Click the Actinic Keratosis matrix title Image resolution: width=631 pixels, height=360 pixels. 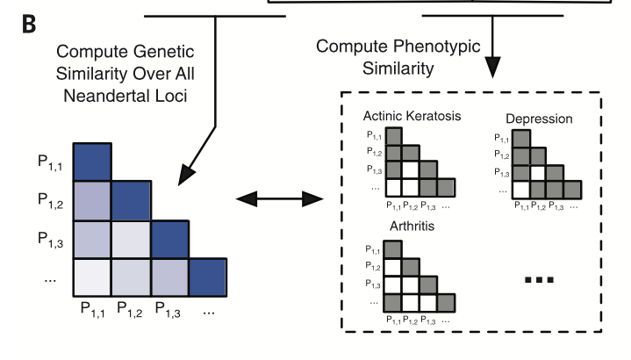pos(412,117)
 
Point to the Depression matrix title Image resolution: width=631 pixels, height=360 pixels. pos(539,119)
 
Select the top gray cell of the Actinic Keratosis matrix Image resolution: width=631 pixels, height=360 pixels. pos(394,136)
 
